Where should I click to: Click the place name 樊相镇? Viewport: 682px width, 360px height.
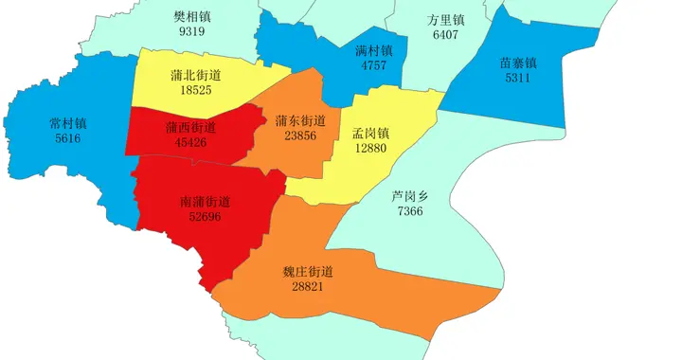click(x=191, y=17)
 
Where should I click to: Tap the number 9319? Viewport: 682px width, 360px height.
click(x=191, y=31)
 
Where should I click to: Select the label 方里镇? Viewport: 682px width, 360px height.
click(x=445, y=20)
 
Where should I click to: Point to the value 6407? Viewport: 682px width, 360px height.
click(x=445, y=34)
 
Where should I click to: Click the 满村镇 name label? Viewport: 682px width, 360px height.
click(x=374, y=50)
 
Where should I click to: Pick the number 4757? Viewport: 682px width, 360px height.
click(x=374, y=65)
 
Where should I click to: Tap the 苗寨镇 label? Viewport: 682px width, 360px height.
click(x=518, y=63)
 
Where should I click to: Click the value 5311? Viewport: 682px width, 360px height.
click(x=518, y=79)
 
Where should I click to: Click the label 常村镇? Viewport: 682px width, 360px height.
click(x=68, y=123)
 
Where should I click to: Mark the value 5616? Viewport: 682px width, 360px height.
click(x=68, y=138)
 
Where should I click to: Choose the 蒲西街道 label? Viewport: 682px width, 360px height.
click(x=189, y=127)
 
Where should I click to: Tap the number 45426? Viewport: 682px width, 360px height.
click(x=189, y=142)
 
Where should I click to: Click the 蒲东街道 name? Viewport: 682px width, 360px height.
click(x=300, y=120)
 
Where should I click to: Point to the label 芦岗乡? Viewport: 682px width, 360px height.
click(x=410, y=196)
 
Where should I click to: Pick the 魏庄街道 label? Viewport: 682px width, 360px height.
click(x=308, y=271)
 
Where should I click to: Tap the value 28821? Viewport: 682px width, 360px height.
click(x=308, y=286)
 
